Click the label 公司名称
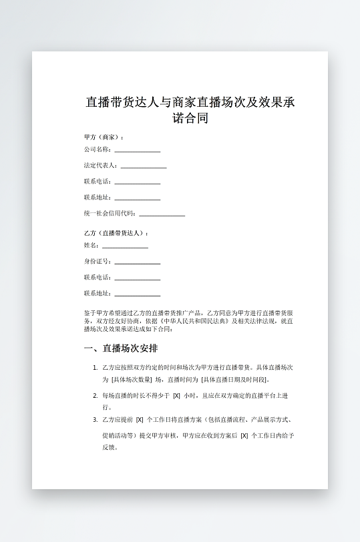(x=97, y=150)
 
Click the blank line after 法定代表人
(x=143, y=167)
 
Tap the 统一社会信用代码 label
(x=110, y=214)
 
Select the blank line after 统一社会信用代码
(x=162, y=215)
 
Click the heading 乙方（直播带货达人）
(x=116, y=233)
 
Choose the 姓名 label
(x=92, y=246)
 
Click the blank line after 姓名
(x=125, y=248)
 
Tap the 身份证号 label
(x=97, y=262)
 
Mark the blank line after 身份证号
(x=137, y=264)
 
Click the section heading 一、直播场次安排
(x=120, y=349)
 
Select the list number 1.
(x=95, y=368)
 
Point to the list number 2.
(x=95, y=396)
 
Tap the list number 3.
(x=95, y=420)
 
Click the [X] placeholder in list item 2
(x=176, y=396)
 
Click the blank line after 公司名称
(x=137, y=152)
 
